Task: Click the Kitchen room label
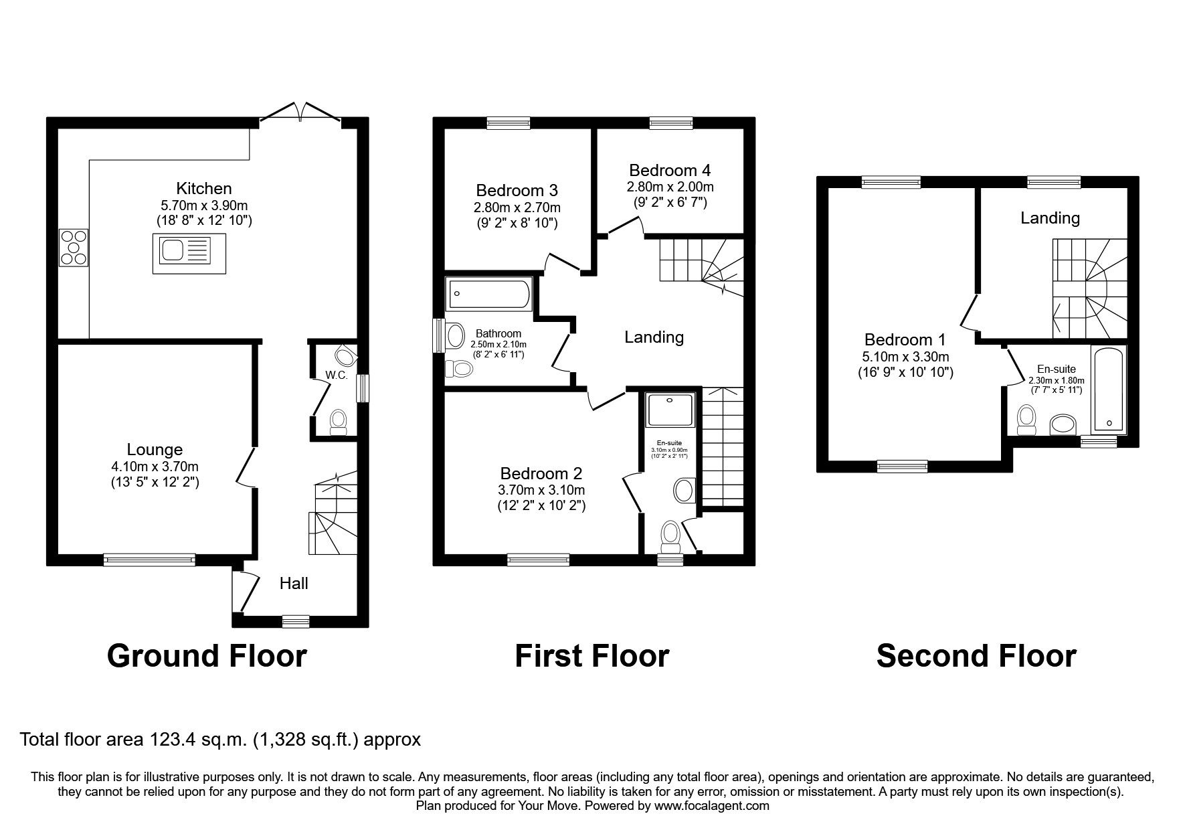pos(203,188)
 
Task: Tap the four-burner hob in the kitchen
pos(74,248)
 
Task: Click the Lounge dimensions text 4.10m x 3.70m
pos(155,467)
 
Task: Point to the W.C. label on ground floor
pos(337,376)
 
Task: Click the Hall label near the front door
pos(294,584)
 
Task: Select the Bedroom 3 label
pos(517,190)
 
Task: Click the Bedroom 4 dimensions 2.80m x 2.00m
pos(670,187)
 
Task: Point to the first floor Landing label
pos(654,337)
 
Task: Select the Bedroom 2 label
pos(541,473)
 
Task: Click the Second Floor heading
pos(976,655)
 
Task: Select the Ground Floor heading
pos(207,655)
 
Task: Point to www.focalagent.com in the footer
pos(711,806)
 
